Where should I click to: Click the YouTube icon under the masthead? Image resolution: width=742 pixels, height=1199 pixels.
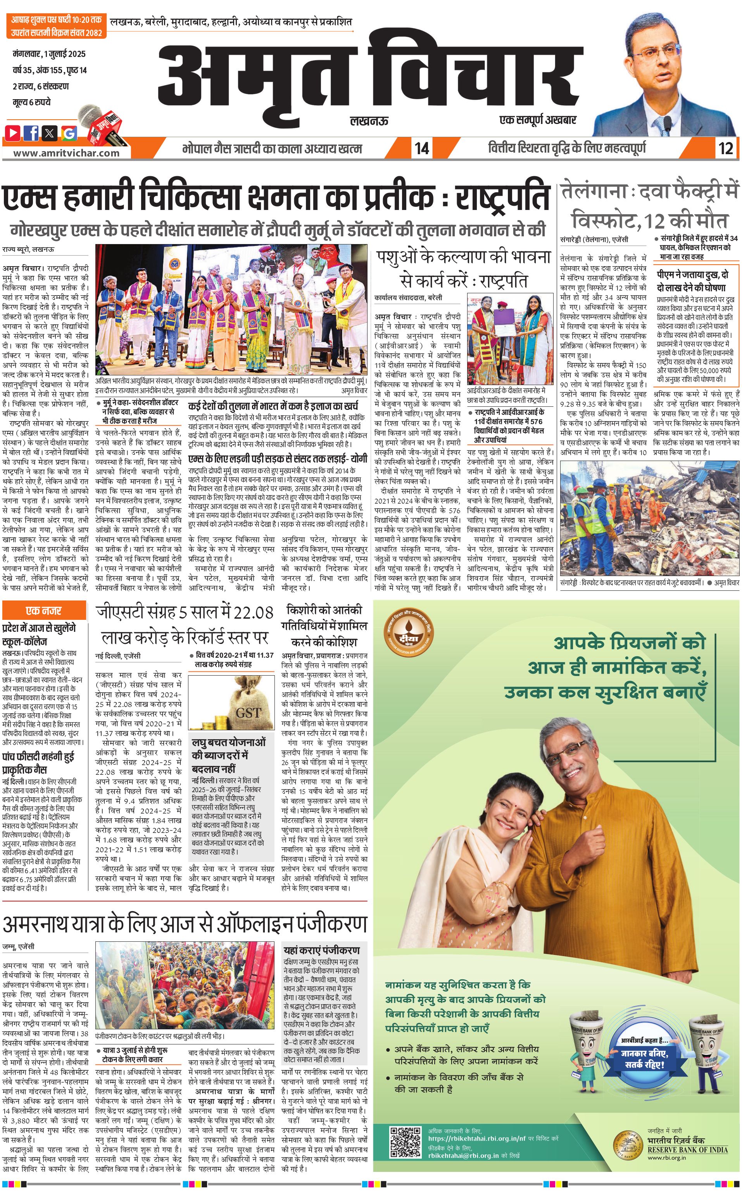coord(13,132)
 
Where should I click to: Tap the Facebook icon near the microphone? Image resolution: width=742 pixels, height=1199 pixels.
coord(31,132)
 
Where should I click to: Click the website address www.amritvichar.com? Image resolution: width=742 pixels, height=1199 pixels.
coord(66,153)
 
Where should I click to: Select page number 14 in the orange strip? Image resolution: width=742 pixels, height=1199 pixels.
coord(421,148)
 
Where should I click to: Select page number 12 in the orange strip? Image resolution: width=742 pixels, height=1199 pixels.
coord(725,148)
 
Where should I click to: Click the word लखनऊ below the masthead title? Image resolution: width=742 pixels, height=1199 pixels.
coord(369,120)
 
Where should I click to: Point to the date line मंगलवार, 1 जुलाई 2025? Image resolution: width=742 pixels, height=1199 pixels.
coord(49,54)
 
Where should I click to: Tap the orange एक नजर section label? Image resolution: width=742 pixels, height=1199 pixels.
coord(44,611)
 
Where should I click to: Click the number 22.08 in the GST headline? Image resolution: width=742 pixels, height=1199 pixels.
coord(253,612)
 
